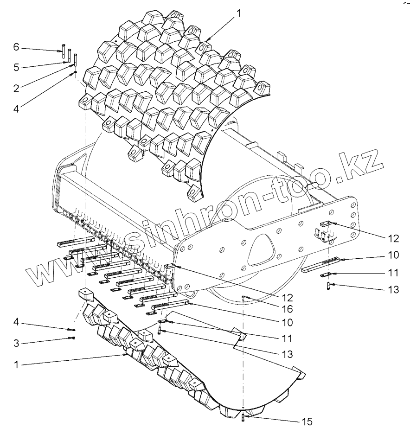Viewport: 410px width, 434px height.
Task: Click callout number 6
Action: pos(16,47)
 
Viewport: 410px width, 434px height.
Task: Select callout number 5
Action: pos(16,67)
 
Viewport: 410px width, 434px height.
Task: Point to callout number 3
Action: pos(16,343)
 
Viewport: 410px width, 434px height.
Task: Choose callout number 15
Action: pos(307,421)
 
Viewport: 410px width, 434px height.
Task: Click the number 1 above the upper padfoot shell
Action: pos(239,14)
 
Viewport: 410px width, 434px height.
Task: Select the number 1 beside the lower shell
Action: pos(16,365)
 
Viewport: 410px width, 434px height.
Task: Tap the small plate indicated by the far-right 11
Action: pos(325,275)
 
